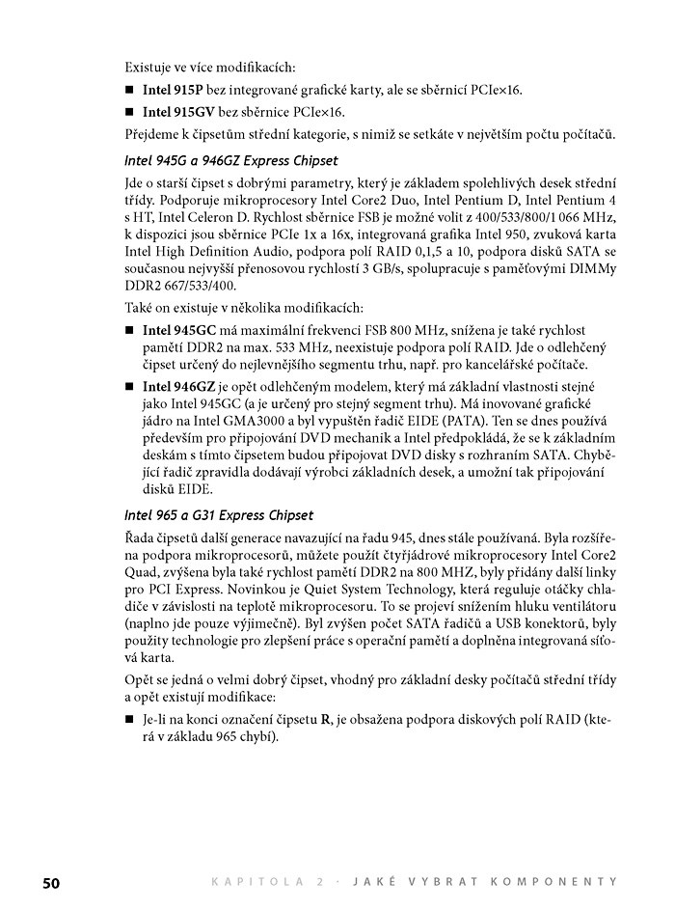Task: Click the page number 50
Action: pyautogui.click(x=50, y=881)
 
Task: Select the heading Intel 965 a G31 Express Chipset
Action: pyautogui.click(x=219, y=515)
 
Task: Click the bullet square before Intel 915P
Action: pyautogui.click(x=129, y=90)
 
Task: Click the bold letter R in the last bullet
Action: pyautogui.click(x=326, y=719)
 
